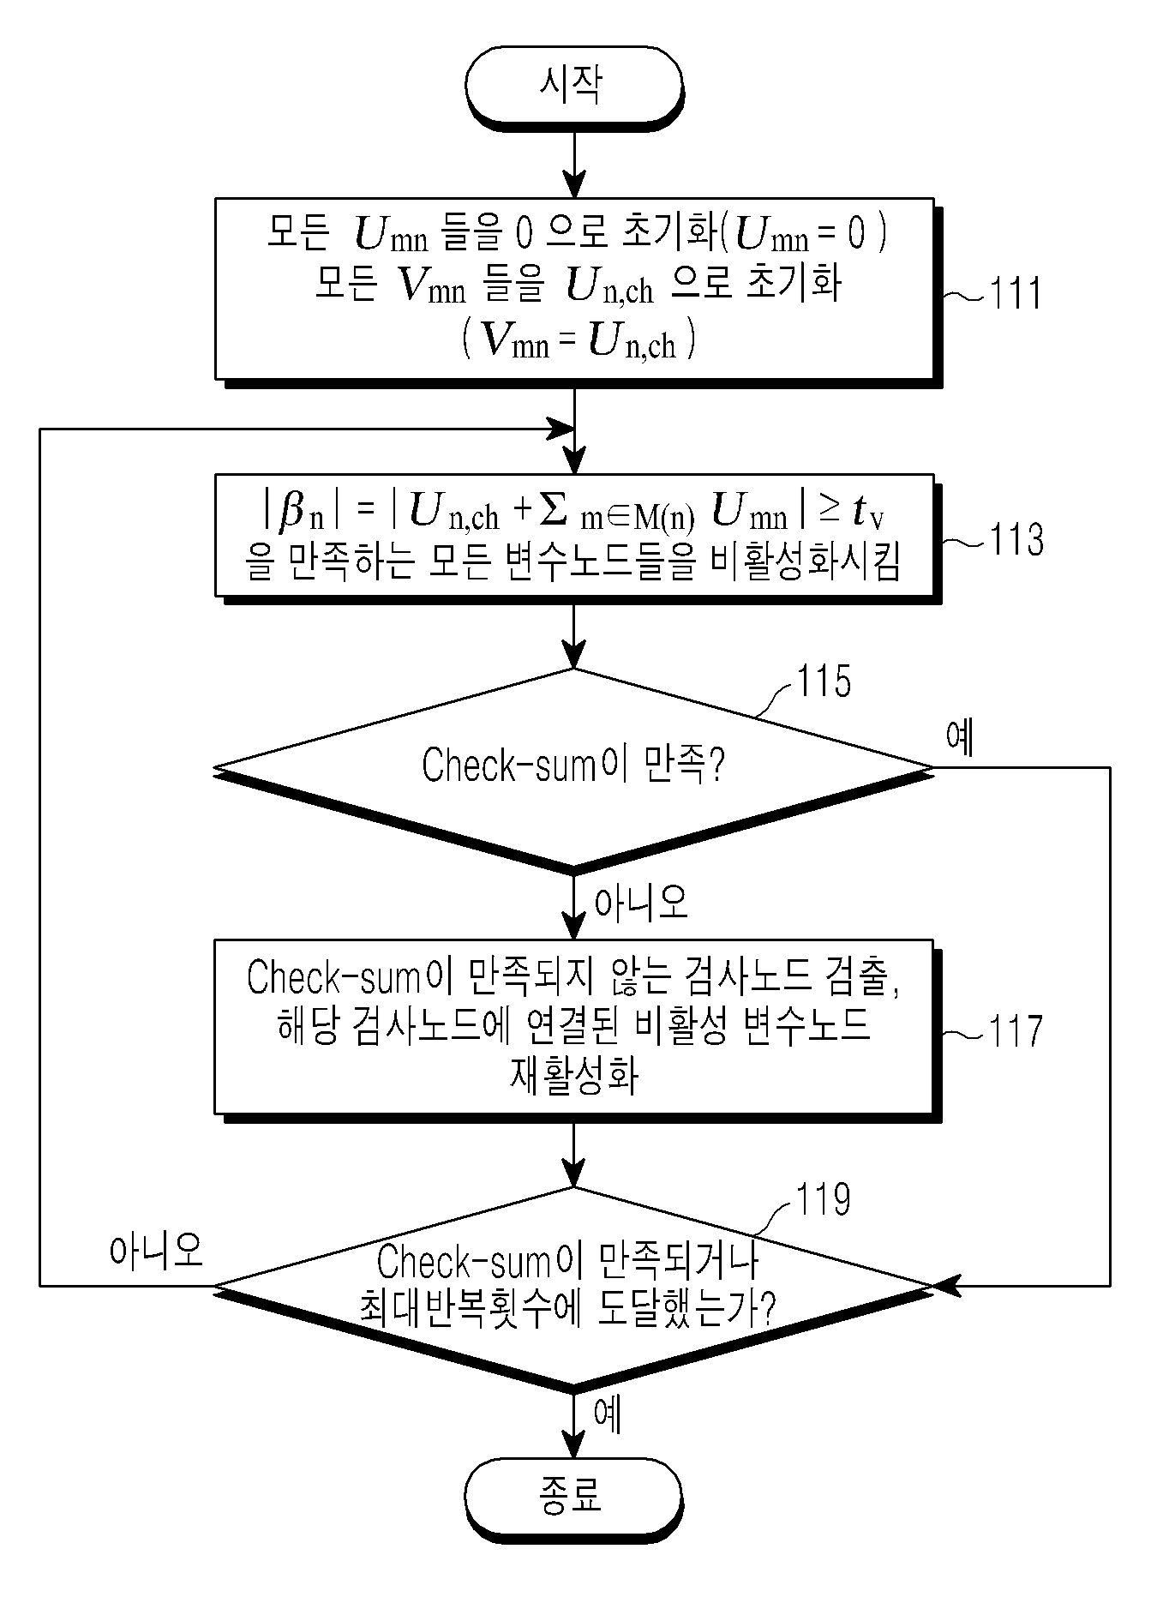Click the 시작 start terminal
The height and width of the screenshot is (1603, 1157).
click(x=573, y=84)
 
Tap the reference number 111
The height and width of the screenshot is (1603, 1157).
click(x=1016, y=293)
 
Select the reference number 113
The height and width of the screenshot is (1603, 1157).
click(x=1016, y=540)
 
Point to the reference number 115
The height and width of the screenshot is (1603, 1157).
click(x=824, y=682)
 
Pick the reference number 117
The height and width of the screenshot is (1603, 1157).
click(x=1016, y=1030)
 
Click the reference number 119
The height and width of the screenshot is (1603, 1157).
click(x=824, y=1199)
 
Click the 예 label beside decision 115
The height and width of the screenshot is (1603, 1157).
click(x=961, y=737)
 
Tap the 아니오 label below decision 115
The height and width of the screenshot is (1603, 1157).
click(x=641, y=902)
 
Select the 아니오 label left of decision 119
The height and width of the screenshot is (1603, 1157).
click(x=157, y=1251)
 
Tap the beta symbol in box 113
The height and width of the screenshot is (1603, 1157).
click(x=294, y=512)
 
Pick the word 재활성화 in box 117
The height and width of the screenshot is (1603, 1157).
click(x=573, y=1077)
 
